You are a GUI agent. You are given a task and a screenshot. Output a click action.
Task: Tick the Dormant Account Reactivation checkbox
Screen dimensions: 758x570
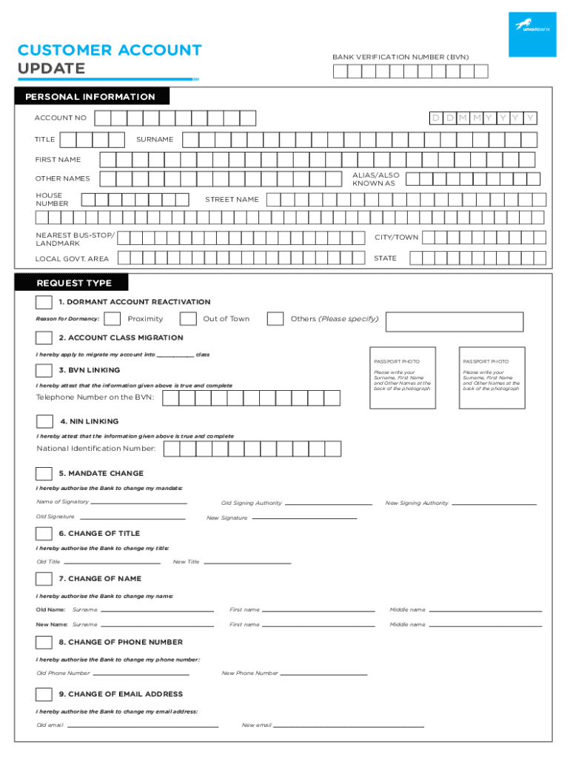click(x=44, y=302)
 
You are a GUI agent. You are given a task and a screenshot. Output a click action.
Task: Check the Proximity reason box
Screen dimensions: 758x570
click(x=113, y=319)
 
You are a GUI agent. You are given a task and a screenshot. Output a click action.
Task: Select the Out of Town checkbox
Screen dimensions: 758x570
click(x=188, y=319)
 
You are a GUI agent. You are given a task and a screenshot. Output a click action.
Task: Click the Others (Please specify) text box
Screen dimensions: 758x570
click(x=455, y=321)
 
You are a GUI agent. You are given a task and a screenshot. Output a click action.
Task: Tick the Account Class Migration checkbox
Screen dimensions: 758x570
click(x=44, y=338)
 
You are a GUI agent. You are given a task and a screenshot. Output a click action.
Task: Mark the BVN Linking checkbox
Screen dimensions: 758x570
click(x=44, y=370)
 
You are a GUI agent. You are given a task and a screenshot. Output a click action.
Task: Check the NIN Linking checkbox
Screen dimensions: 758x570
click(x=44, y=421)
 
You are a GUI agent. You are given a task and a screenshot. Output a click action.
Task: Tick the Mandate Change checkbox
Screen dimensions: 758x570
click(x=44, y=474)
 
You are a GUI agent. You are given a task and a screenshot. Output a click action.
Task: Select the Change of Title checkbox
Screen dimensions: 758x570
click(x=44, y=534)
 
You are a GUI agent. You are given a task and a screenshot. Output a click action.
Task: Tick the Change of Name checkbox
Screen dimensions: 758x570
click(x=44, y=579)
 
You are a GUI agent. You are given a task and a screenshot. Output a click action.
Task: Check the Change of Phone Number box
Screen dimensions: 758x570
click(x=44, y=643)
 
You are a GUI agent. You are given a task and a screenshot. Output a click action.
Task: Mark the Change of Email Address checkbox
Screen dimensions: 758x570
click(x=44, y=694)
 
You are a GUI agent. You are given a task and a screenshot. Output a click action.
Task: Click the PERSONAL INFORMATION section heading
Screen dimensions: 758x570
click(x=90, y=97)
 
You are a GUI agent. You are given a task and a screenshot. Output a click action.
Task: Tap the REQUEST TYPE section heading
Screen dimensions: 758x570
click(x=85, y=283)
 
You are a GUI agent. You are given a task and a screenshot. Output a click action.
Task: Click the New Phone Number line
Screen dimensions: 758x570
click(x=324, y=674)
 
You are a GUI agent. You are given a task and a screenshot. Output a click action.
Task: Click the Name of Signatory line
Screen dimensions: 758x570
click(x=138, y=503)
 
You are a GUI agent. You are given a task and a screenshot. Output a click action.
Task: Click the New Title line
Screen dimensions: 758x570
click(x=247, y=563)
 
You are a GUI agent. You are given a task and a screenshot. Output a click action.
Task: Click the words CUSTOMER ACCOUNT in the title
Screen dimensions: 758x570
click(x=110, y=50)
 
